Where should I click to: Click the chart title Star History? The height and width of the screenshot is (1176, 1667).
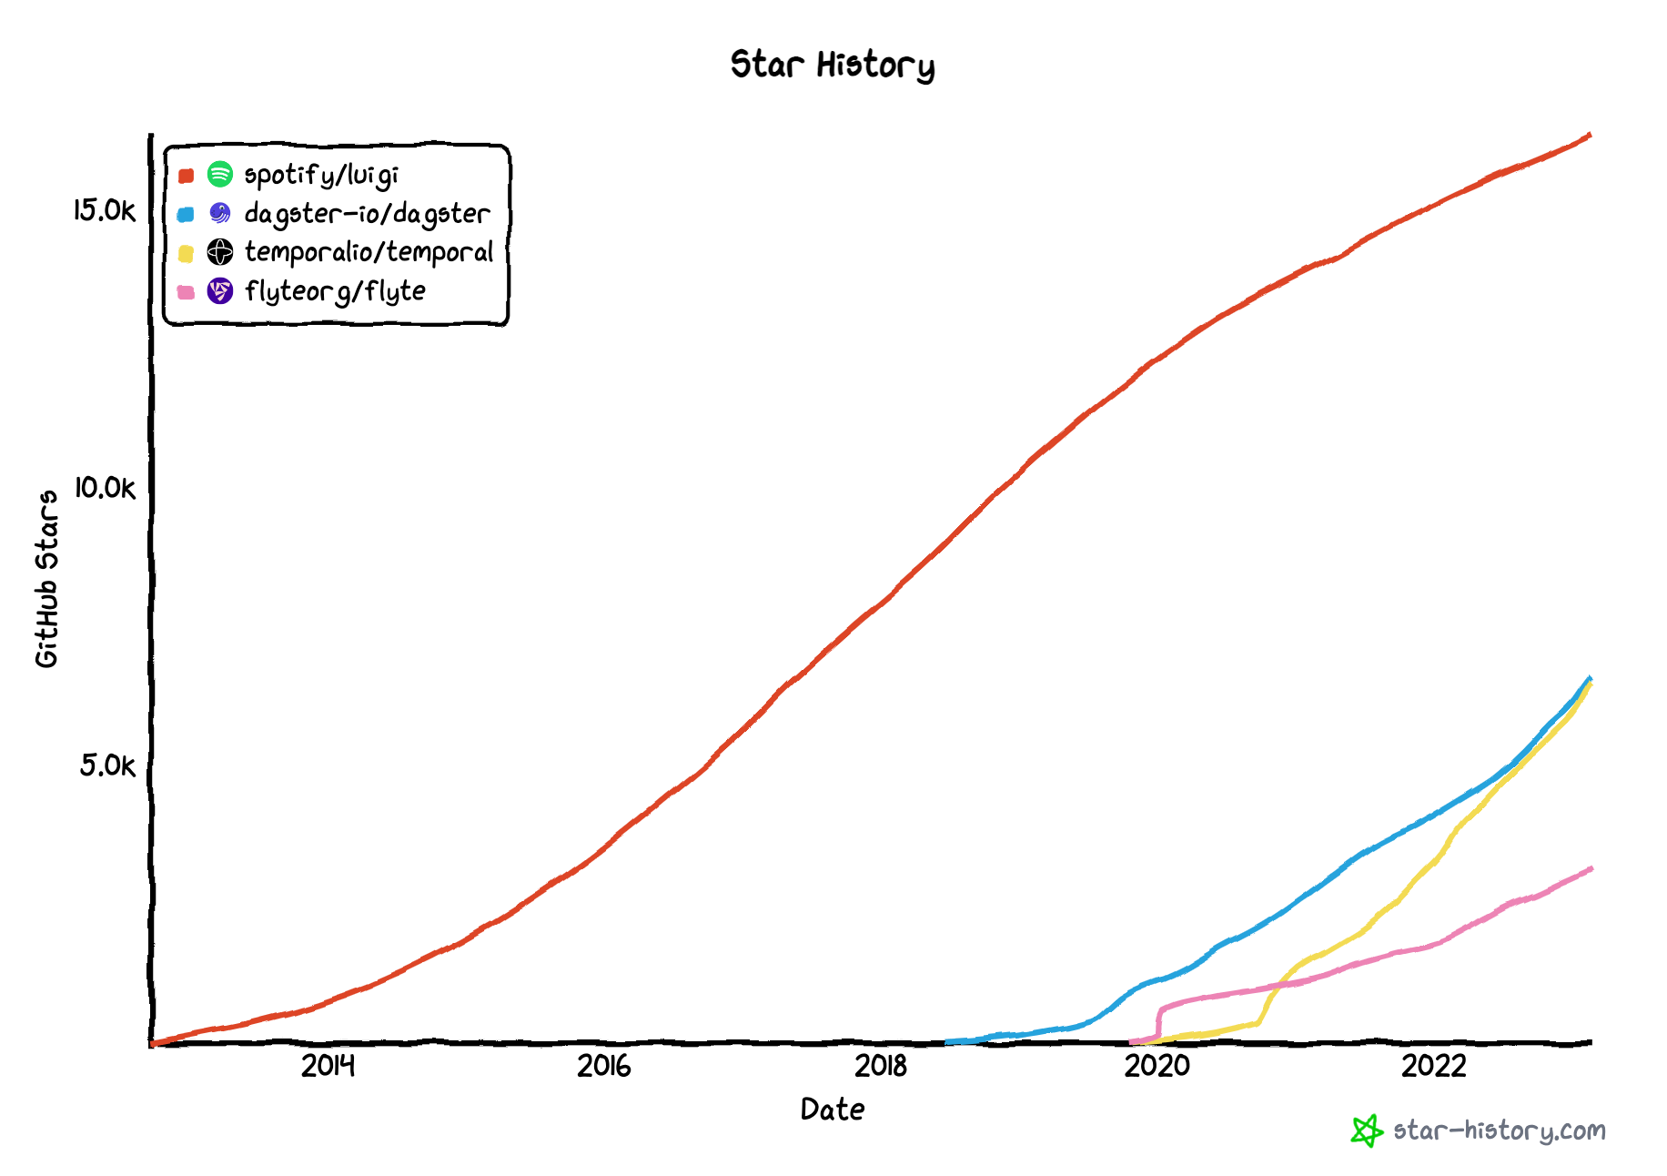pos(832,66)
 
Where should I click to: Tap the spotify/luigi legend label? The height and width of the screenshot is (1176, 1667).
pos(321,175)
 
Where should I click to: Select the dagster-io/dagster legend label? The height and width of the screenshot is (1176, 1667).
pos(367,214)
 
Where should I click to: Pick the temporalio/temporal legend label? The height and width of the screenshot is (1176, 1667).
pos(369,252)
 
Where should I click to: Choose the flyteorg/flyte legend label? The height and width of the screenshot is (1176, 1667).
pos(335,291)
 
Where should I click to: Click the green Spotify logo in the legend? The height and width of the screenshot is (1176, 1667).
pos(220,174)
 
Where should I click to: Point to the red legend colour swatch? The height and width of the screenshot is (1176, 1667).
pos(187,176)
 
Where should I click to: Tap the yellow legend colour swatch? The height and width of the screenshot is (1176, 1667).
pos(187,253)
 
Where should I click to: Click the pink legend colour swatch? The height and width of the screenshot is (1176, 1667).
pos(187,292)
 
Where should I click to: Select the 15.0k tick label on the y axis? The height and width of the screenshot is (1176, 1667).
pos(104,211)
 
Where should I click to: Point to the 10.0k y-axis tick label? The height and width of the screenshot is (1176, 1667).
pos(104,489)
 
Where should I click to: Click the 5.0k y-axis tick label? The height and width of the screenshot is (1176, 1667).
pos(106,766)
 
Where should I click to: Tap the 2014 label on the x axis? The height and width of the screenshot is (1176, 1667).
pos(328,1066)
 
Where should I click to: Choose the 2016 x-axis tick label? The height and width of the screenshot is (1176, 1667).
pos(604,1066)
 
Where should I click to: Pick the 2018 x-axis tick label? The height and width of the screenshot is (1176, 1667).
pos(881,1066)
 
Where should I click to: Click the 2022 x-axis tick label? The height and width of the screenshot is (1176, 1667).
pos(1434,1066)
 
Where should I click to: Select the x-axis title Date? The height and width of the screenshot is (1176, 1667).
pos(833,1110)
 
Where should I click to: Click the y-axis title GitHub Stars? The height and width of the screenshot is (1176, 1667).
pos(46,579)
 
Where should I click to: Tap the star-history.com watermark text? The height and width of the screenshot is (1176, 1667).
pos(1500,1131)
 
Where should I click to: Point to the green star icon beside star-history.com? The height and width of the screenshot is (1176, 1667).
pos(1367,1131)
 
